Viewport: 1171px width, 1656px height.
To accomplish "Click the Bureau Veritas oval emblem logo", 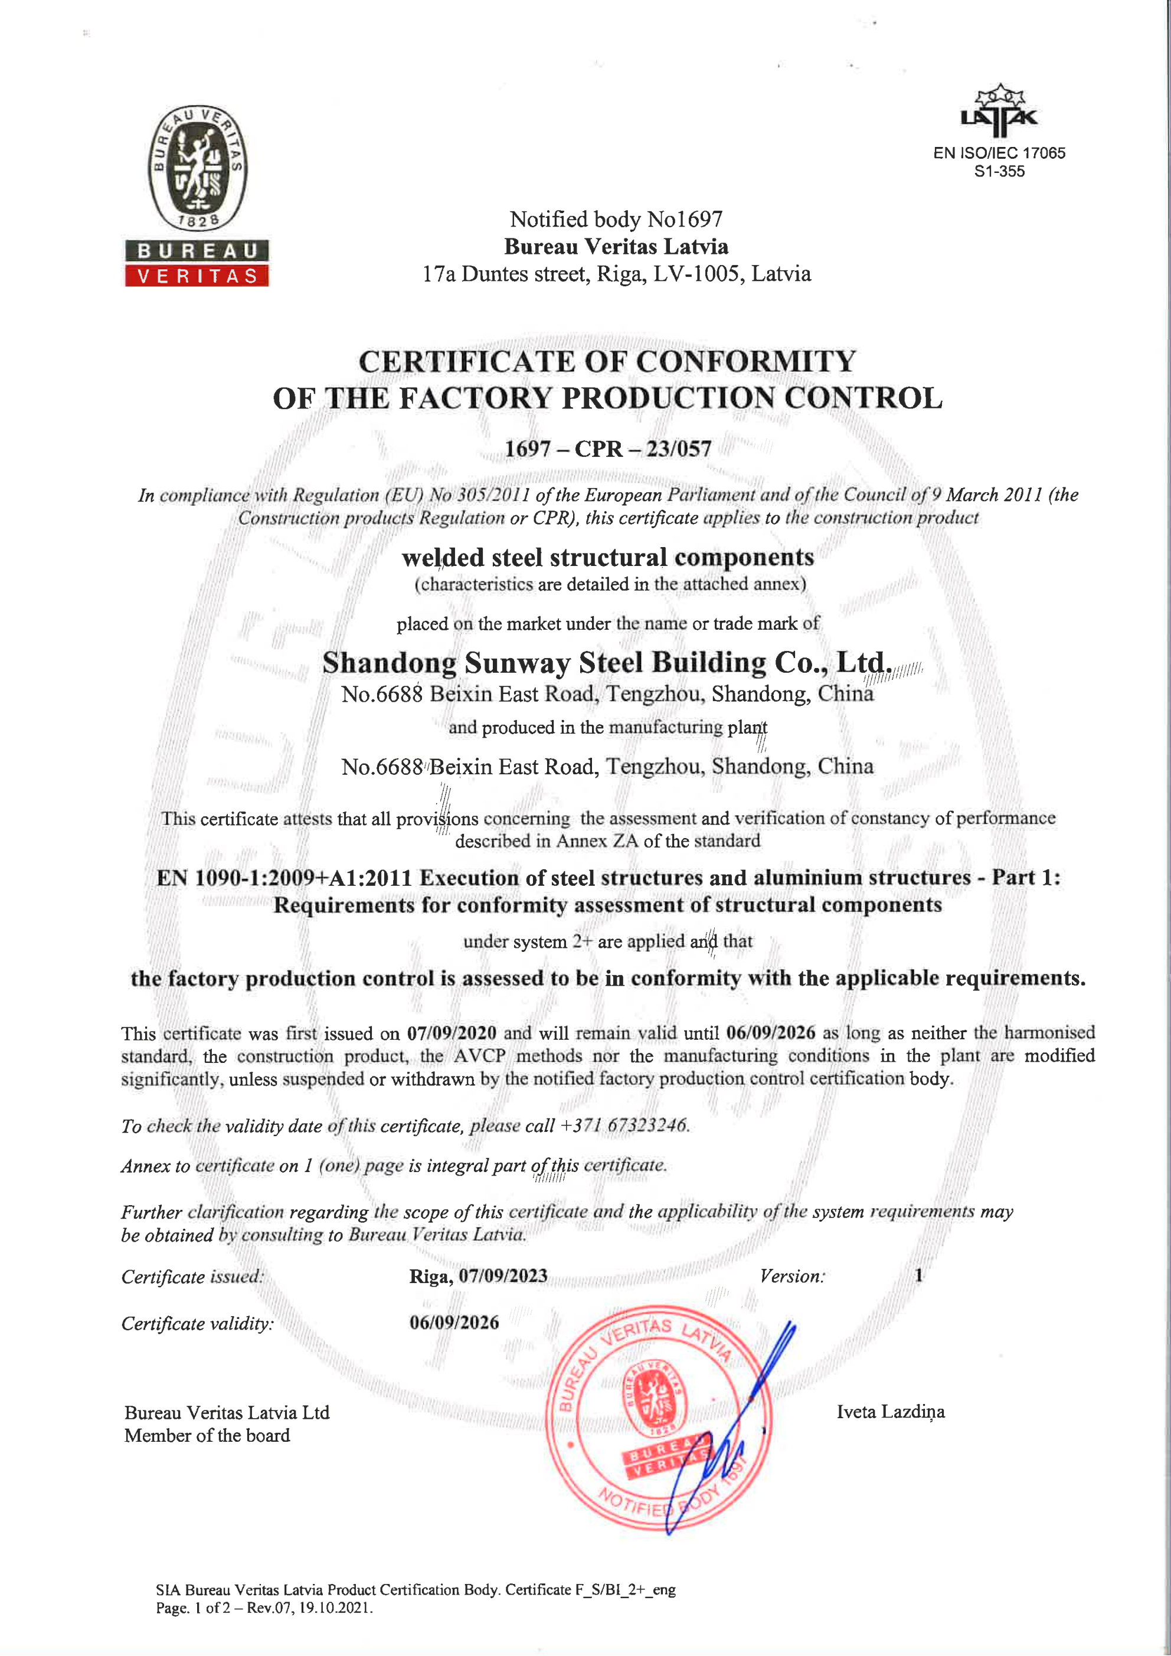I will pos(198,168).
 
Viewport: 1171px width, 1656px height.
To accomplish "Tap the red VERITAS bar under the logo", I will pos(197,276).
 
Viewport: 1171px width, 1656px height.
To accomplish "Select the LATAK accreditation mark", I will pos(999,112).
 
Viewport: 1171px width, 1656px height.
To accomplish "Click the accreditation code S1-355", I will pos(999,172).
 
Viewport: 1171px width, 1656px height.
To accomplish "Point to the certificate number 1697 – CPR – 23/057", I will pos(607,449).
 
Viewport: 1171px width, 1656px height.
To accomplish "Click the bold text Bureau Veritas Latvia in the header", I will pos(616,247).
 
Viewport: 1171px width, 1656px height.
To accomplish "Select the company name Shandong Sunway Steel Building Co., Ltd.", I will pos(607,662).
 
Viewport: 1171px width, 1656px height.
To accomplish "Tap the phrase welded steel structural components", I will pos(607,558).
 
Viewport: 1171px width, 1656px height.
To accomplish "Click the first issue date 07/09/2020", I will pos(452,1033).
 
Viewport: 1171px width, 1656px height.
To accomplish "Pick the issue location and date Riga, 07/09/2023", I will pos(478,1276).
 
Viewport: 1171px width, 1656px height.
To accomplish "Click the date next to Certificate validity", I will pos(454,1322).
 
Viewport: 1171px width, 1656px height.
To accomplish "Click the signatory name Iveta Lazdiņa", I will pos(890,1412).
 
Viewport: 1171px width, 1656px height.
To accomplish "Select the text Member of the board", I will pos(207,1435).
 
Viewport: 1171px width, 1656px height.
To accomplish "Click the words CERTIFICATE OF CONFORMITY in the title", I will pos(607,361).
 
